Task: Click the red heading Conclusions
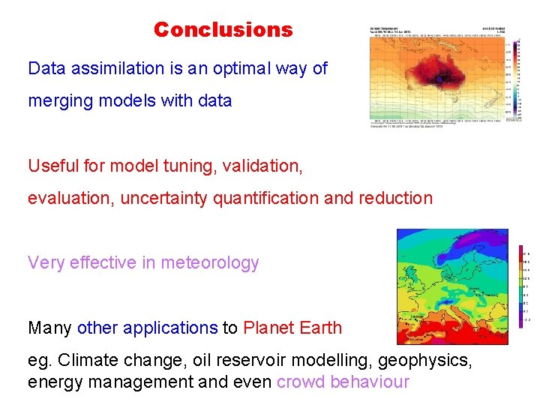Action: click(223, 30)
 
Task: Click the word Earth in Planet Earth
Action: click(319, 328)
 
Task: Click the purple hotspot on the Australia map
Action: click(440, 78)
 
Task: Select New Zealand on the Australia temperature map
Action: click(492, 103)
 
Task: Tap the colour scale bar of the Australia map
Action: click(517, 75)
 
